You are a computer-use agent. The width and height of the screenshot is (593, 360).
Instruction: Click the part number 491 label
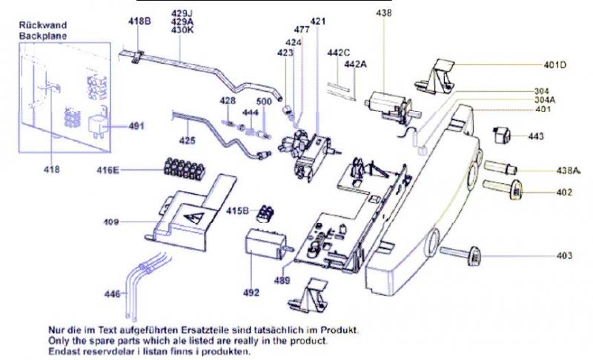tap(136, 126)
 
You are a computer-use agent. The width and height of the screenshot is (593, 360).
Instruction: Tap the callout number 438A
tap(568, 170)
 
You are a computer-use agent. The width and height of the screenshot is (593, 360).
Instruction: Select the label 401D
tap(551, 64)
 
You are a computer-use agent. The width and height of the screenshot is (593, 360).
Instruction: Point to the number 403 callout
tap(565, 256)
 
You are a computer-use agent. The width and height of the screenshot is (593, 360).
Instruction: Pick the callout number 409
tap(111, 221)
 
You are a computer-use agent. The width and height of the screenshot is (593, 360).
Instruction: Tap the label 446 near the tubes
tap(112, 294)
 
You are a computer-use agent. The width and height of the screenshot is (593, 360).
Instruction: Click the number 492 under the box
tap(251, 292)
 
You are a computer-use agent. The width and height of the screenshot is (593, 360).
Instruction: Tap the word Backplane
tap(42, 34)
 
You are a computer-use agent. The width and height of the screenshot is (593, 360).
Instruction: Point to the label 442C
tap(338, 53)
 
